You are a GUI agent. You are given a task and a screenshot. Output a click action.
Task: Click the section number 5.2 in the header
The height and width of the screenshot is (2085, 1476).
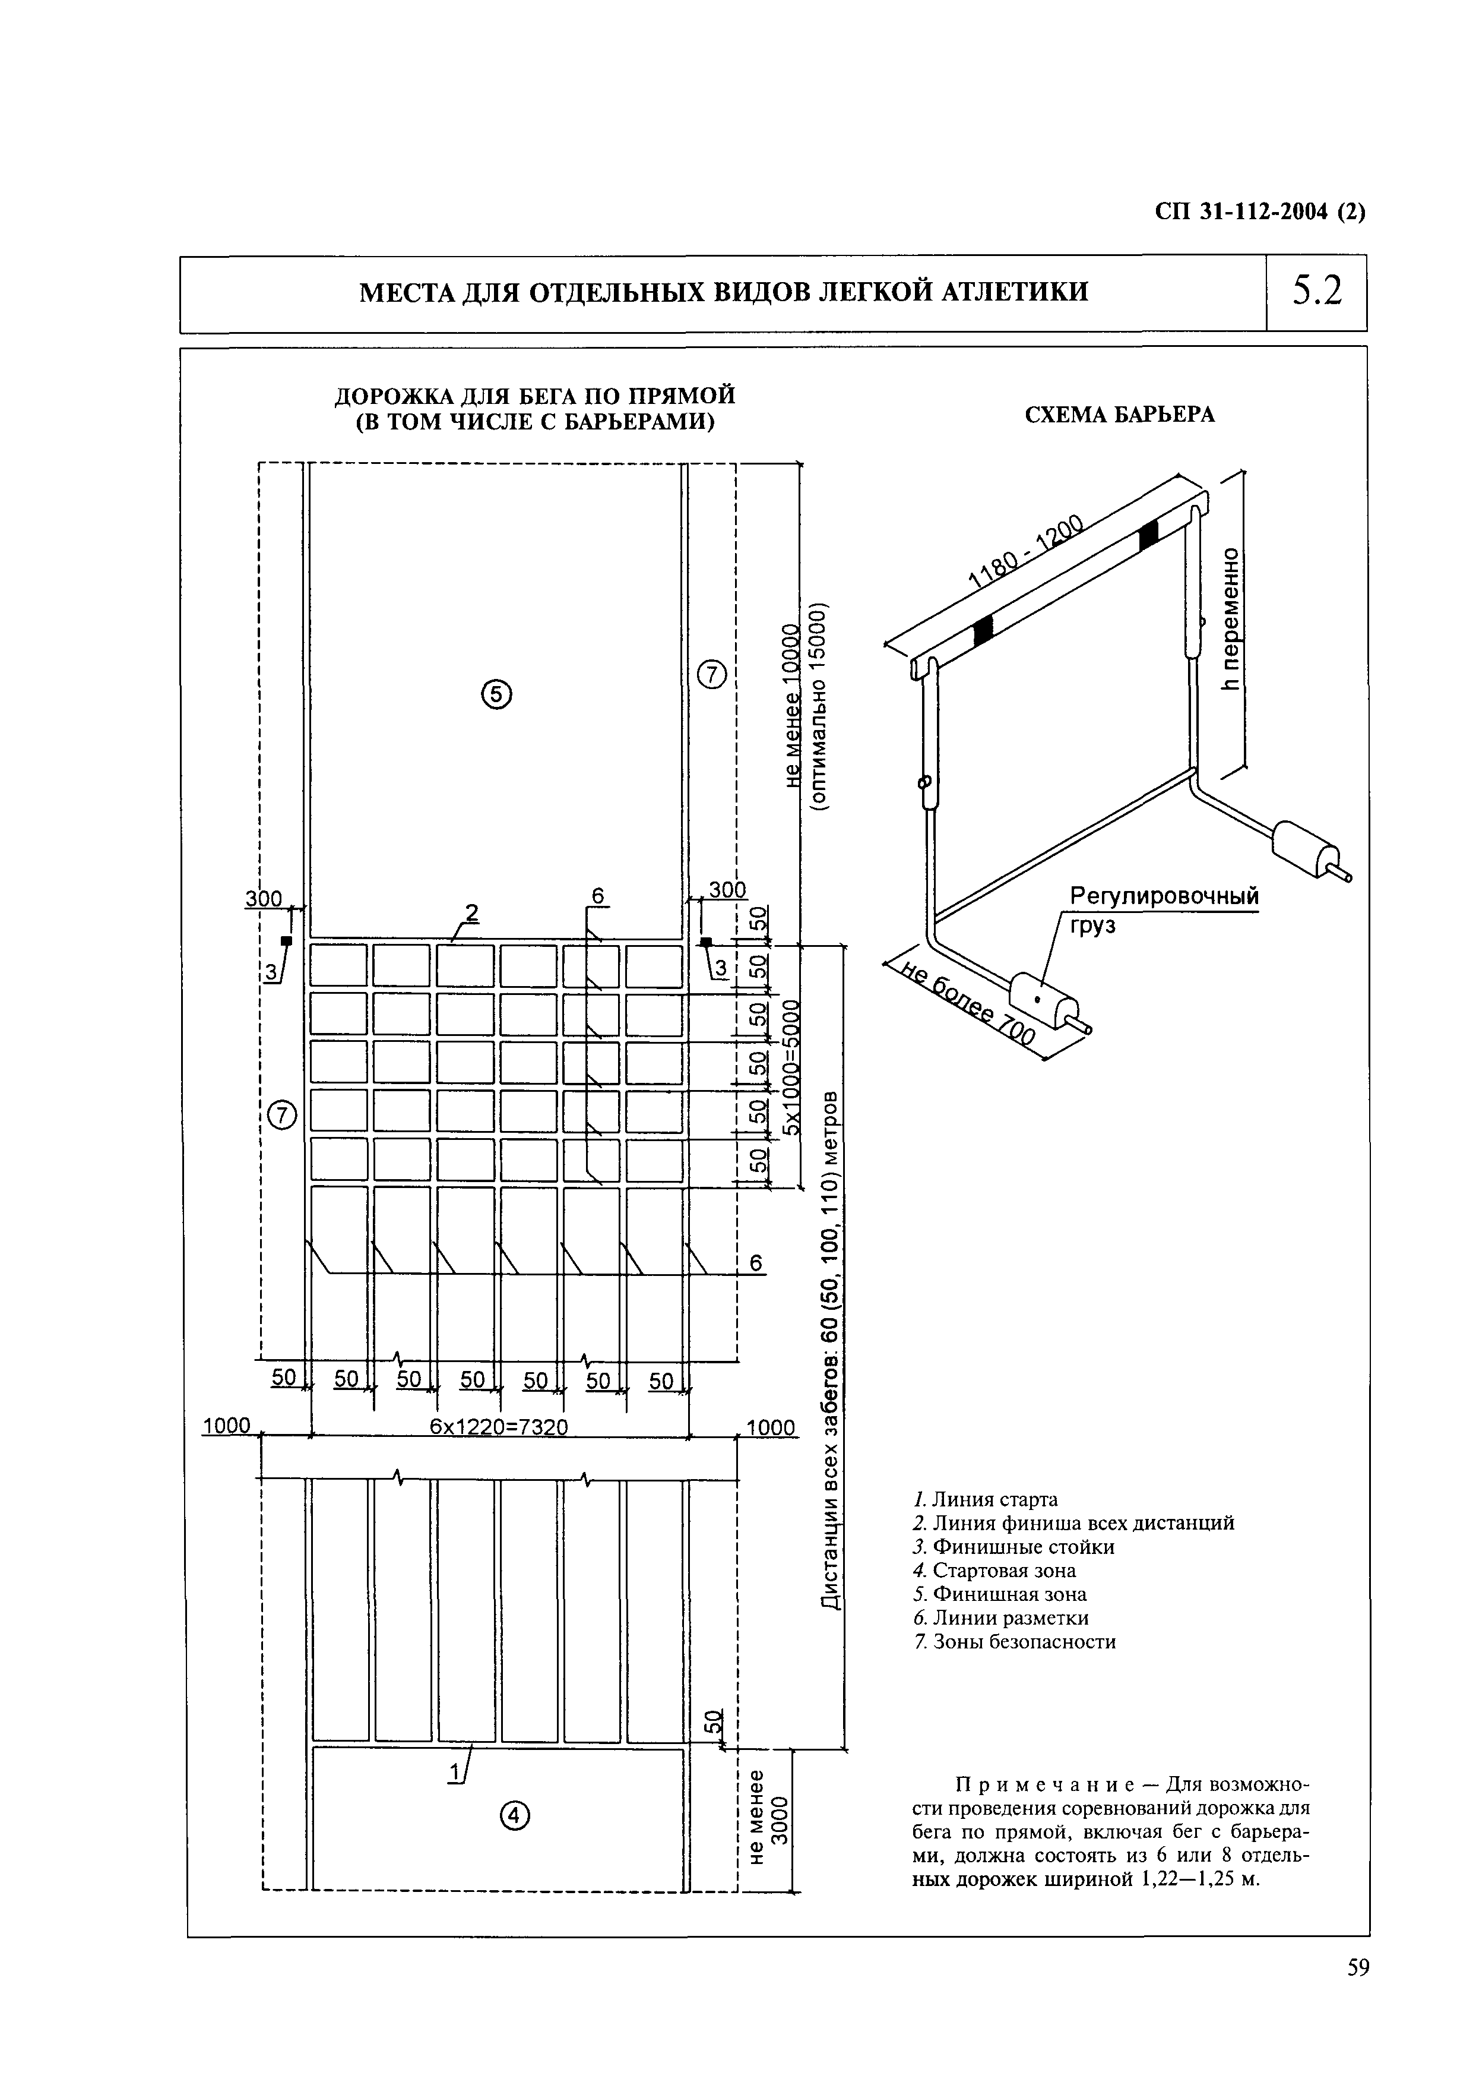(x=1316, y=292)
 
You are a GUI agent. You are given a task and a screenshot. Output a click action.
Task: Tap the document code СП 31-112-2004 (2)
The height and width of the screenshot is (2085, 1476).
(x=1260, y=213)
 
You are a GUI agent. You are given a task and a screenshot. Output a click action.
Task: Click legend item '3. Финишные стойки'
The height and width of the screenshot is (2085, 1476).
(x=1013, y=1547)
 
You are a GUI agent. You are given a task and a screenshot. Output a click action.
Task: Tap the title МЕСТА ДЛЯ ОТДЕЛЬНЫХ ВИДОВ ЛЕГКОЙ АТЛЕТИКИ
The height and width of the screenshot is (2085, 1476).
(x=724, y=293)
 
